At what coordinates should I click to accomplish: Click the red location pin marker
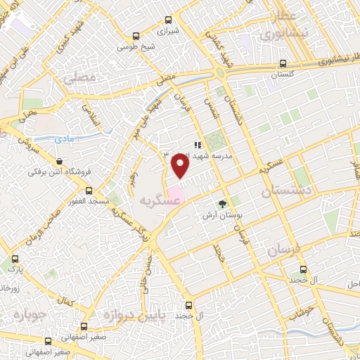pyautogui.click(x=180, y=166)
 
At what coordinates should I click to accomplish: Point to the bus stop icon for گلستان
pyautogui.click(x=283, y=63)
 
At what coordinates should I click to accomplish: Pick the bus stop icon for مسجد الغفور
pyautogui.click(x=89, y=191)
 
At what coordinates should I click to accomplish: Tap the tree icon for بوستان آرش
pyautogui.click(x=223, y=204)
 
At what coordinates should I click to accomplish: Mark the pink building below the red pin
pyautogui.click(x=176, y=191)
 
